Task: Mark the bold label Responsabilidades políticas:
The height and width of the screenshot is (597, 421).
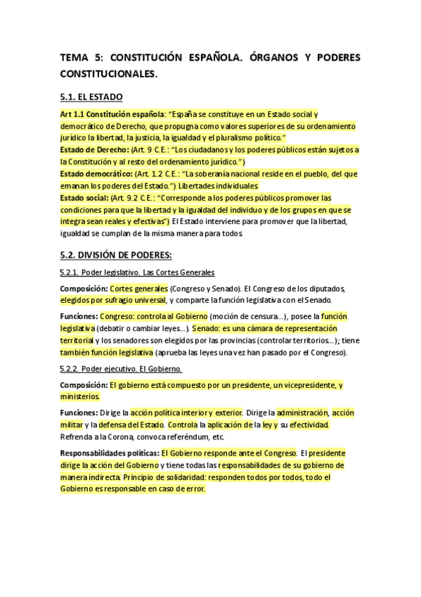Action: tap(110, 452)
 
